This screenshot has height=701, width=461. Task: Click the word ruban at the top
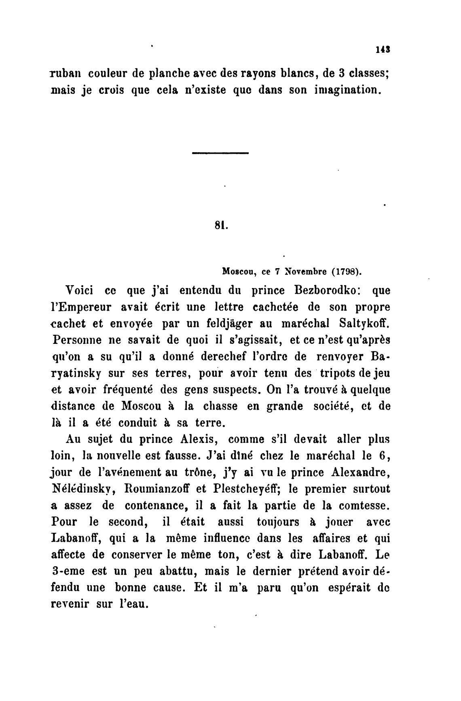point(65,74)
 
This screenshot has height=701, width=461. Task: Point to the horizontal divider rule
point(220,153)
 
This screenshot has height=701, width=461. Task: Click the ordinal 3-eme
point(68,572)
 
